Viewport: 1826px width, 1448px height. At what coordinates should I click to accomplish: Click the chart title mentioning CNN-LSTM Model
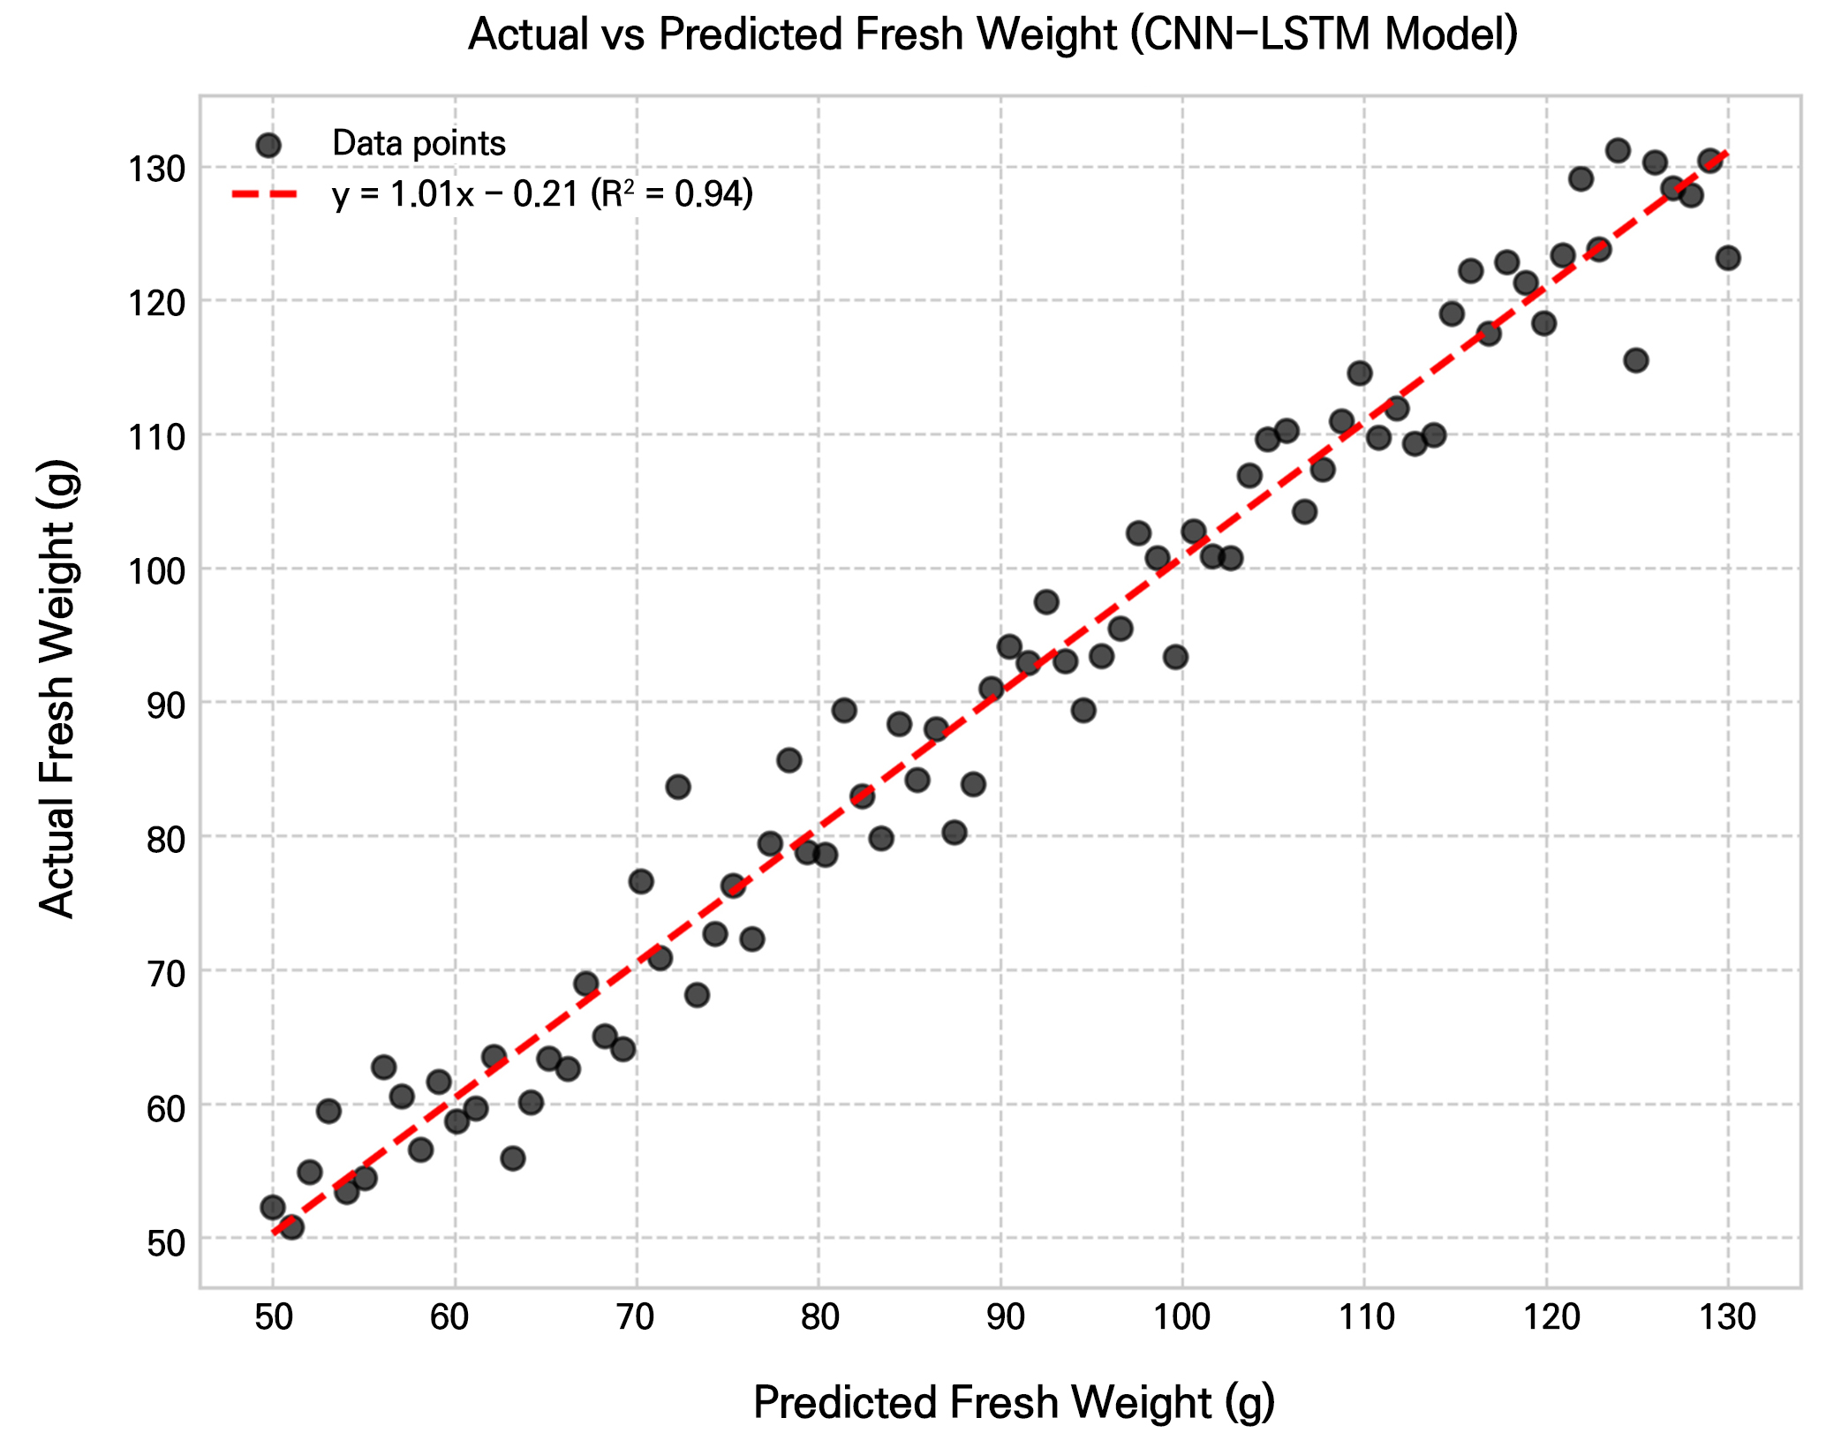click(992, 35)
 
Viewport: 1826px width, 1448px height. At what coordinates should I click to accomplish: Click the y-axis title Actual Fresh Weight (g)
click(58, 689)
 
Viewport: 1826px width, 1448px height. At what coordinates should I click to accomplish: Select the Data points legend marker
click(268, 145)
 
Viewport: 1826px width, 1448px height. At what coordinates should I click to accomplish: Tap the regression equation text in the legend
click(542, 194)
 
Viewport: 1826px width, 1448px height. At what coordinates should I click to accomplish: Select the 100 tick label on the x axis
click(1182, 1317)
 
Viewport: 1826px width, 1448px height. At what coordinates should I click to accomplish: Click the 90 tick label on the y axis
click(166, 703)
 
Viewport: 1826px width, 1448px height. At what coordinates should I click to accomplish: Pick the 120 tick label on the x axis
click(1546, 1317)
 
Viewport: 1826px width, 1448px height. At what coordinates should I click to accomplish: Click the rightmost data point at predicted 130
click(1728, 258)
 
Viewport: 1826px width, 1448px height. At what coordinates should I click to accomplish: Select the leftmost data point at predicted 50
click(273, 1207)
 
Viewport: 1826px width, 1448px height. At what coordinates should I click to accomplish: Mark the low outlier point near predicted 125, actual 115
click(1636, 360)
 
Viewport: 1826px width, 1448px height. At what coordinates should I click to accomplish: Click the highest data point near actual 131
click(1618, 150)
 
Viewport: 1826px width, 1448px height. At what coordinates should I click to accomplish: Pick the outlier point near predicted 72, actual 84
click(678, 787)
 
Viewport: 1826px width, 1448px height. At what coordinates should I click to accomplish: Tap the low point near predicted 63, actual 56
click(513, 1158)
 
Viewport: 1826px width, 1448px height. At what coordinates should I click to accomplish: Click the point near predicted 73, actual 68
click(697, 995)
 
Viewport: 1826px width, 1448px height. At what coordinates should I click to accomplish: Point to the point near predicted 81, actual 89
click(844, 710)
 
